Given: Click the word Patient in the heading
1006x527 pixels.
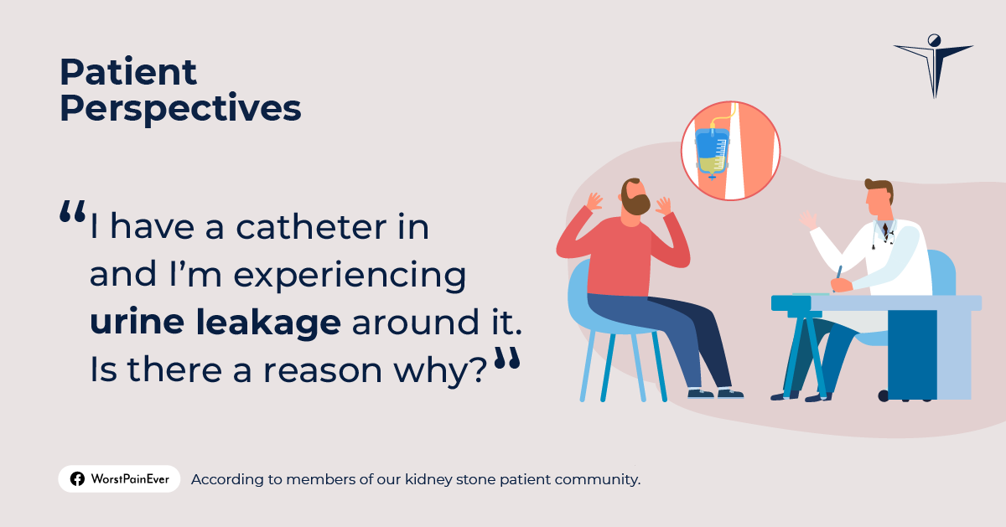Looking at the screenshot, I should point(127,74).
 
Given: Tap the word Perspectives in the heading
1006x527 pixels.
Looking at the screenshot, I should point(180,109).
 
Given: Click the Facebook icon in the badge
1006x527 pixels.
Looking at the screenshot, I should point(77,479).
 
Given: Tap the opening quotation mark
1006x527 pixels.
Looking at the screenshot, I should point(72,213).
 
